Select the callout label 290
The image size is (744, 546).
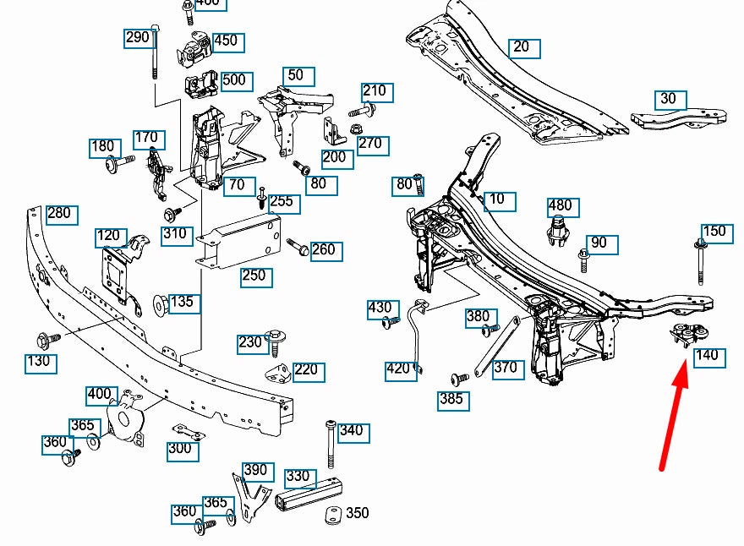coord(138,37)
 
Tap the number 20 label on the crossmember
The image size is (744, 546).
coord(522,47)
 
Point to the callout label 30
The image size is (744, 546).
coord(668,99)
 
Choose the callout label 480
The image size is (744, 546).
coord(560,205)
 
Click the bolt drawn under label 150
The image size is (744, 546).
coord(701,263)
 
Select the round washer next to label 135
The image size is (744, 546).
coord(158,303)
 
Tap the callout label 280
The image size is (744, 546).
coord(59,214)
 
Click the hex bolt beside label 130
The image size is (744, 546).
coord(46,340)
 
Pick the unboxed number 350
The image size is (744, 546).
coord(357,513)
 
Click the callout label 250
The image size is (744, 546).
coord(254,276)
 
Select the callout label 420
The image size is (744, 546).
coord(398,369)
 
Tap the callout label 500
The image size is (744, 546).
coord(232,81)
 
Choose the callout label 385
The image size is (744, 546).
coord(451,399)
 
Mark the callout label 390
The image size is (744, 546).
coord(254,471)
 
